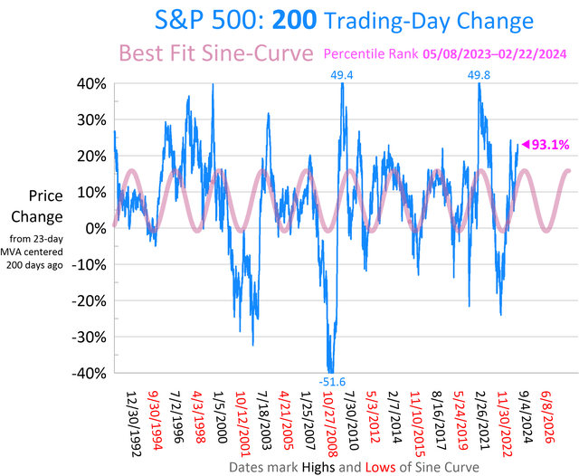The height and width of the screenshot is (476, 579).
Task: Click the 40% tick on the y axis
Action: click(x=91, y=83)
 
